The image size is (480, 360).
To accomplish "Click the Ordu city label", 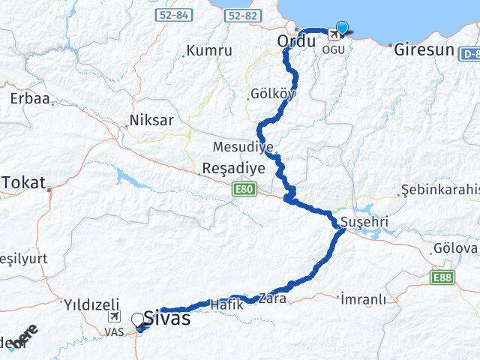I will pyautogui.click(x=295, y=42).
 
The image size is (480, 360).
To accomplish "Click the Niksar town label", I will pyautogui.click(x=151, y=120).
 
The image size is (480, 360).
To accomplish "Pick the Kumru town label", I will pyautogui.click(x=209, y=51).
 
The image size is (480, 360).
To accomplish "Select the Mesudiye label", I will pyautogui.click(x=242, y=146).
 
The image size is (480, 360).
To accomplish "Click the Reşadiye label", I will pyautogui.click(x=233, y=169).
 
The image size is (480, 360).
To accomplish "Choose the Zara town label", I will pyautogui.click(x=270, y=298).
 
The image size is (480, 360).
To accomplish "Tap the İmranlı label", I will pyautogui.click(x=363, y=299).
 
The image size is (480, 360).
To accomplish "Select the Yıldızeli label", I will pyautogui.click(x=91, y=304).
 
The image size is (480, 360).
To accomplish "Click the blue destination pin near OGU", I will pyautogui.click(x=342, y=29).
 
